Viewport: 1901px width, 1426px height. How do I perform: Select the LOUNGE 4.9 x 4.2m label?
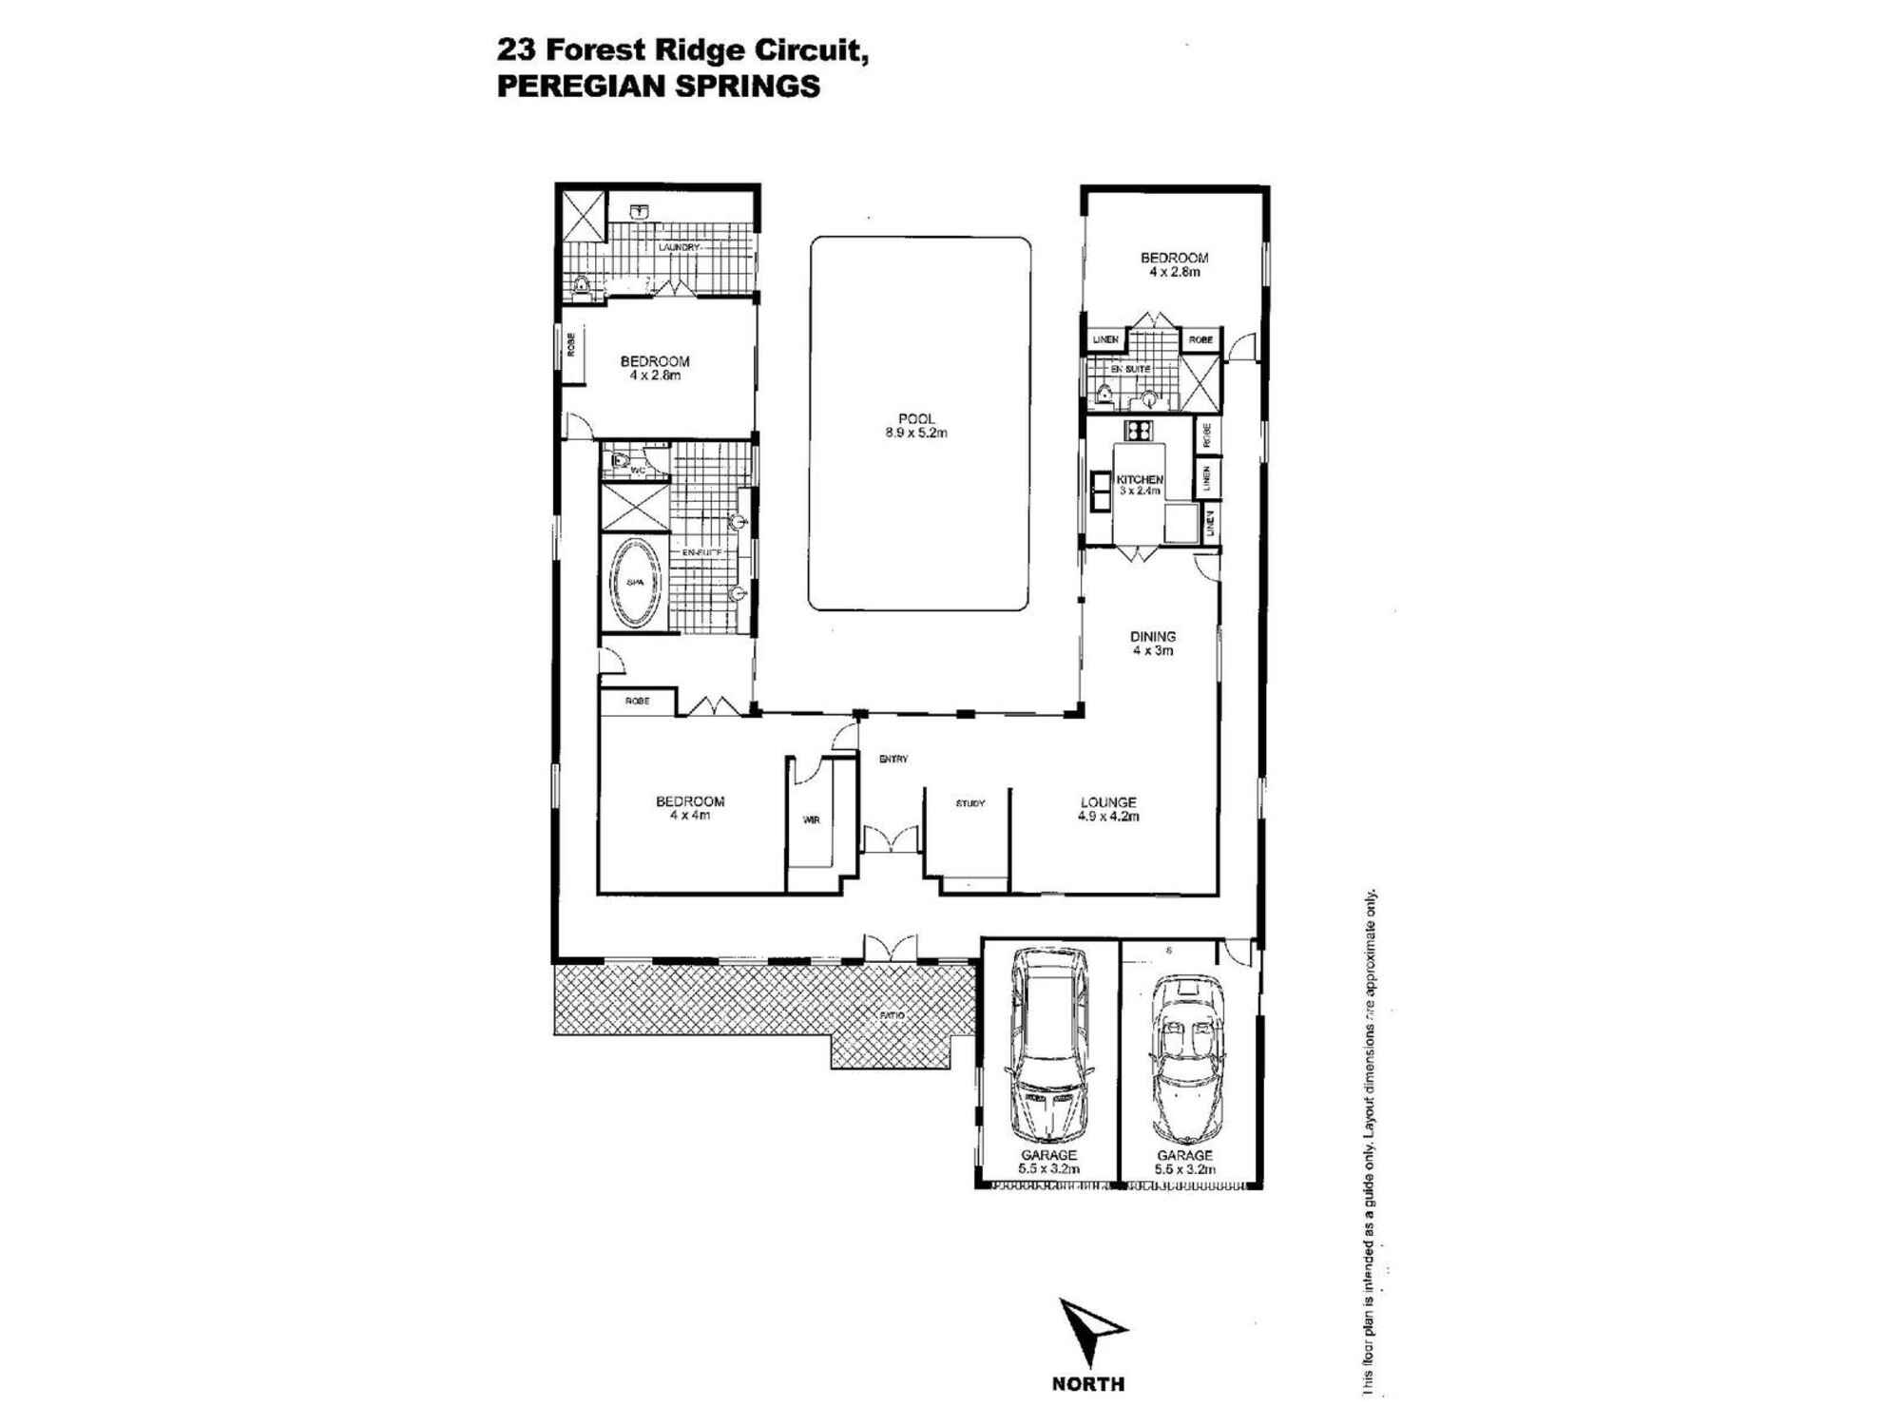pyautogui.click(x=1108, y=809)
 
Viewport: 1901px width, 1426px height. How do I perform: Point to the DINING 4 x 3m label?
pyautogui.click(x=1152, y=644)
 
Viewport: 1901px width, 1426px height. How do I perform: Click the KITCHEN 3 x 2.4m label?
pyautogui.click(x=1139, y=485)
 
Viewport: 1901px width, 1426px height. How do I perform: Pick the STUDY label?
pyautogui.click(x=970, y=803)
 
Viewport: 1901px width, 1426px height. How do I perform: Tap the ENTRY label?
pyautogui.click(x=893, y=759)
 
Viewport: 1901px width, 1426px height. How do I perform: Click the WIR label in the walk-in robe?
pyautogui.click(x=811, y=819)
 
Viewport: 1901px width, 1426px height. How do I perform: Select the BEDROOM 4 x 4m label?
pyautogui.click(x=690, y=808)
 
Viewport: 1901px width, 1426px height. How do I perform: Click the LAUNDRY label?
pyautogui.click(x=679, y=247)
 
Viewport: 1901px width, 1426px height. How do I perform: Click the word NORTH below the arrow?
pyautogui.click(x=1087, y=1384)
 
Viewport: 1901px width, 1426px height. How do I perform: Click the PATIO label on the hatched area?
pyautogui.click(x=891, y=1015)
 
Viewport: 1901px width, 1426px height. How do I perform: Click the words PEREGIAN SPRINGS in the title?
pyautogui.click(x=658, y=87)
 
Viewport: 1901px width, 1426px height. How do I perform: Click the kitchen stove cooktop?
pyautogui.click(x=1139, y=430)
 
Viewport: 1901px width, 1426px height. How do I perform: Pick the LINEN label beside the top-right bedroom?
pyautogui.click(x=1104, y=339)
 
